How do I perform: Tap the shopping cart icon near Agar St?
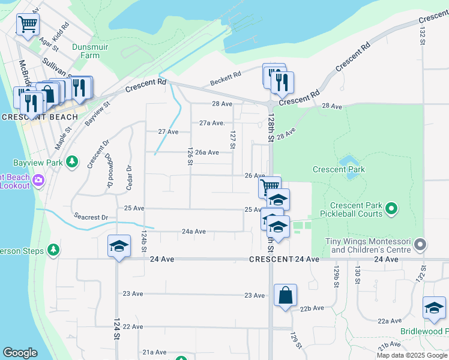27,25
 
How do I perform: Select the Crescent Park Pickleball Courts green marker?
391,209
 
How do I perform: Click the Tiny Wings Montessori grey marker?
420,245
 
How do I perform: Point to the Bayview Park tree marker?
71,161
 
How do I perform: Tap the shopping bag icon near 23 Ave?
285,295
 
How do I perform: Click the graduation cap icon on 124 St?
119,246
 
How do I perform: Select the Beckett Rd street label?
226,79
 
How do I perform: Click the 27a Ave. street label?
212,123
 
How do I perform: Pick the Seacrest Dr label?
91,217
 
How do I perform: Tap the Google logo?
20,353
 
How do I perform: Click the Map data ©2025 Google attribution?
412,355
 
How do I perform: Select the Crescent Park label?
339,170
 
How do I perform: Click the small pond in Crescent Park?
346,161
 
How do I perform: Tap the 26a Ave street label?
207,152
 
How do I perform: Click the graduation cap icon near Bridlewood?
434,308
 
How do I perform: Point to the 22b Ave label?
312,308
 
